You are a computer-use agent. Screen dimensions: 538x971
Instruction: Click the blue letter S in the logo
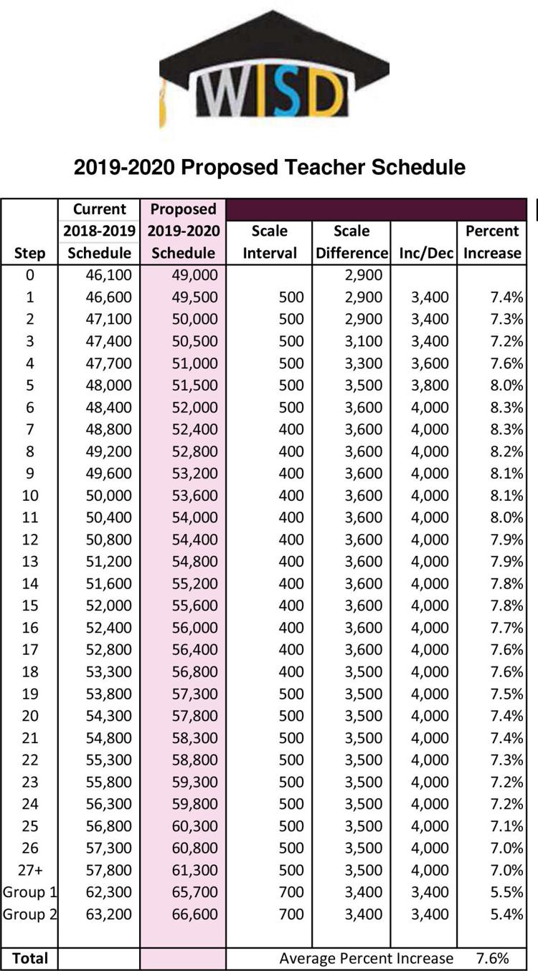[286, 92]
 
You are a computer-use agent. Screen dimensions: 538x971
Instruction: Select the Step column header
[29, 253]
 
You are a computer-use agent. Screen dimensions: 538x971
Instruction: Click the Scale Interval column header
[270, 242]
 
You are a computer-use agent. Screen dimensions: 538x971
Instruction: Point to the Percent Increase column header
[492, 242]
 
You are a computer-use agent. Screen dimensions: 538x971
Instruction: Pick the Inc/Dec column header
[426, 253]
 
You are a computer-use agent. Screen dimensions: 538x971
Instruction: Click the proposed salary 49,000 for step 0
[194, 275]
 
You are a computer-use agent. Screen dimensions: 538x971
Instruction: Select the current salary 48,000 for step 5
[108, 385]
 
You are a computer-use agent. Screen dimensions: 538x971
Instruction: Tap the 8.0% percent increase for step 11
[506, 517]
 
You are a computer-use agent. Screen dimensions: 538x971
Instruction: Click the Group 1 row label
[29, 892]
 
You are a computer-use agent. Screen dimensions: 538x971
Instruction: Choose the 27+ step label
[30, 870]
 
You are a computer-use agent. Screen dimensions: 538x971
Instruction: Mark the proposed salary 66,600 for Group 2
[194, 914]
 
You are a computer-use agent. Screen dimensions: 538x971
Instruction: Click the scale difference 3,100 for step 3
[364, 341]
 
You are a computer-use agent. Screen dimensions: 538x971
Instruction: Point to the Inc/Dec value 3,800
[430, 385]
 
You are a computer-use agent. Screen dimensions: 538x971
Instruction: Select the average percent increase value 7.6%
[492, 958]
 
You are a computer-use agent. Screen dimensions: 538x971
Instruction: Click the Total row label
[30, 958]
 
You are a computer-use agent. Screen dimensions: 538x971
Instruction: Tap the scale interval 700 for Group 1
[291, 892]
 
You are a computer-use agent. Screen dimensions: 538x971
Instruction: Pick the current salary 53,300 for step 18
[108, 671]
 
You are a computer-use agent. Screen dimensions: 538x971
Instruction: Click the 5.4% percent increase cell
[506, 914]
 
